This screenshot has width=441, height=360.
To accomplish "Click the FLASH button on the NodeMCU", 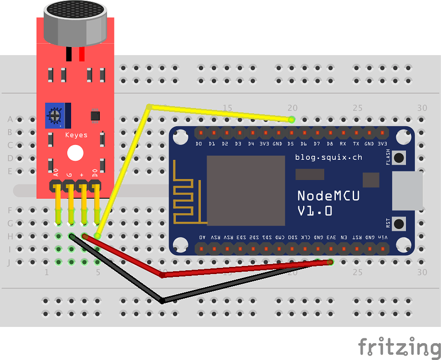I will pyautogui.click(x=399, y=157).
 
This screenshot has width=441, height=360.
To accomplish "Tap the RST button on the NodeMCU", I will pyautogui.click(x=399, y=223).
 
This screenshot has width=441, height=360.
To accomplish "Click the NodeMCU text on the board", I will pyautogui.click(x=328, y=195).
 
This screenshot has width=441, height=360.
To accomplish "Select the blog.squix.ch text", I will pyautogui.click(x=329, y=157).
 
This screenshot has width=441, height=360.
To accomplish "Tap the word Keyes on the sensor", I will pyautogui.click(x=76, y=135).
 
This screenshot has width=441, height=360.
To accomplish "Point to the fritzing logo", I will pyautogui.click(x=399, y=346).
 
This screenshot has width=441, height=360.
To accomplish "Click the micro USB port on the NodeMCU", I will pyautogui.click(x=407, y=191).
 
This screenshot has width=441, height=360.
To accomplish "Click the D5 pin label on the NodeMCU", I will pyautogui.click(x=291, y=144).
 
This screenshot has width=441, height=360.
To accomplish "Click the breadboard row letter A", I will pyautogui.click(x=10, y=119).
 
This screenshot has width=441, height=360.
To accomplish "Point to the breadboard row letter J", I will pyautogui.click(x=10, y=262).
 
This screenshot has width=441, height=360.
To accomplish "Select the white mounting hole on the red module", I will pyautogui.click(x=75, y=154).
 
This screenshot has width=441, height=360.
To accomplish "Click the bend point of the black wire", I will pyautogui.click(x=162, y=300).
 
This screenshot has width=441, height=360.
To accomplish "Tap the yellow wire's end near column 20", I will pyautogui.click(x=291, y=119).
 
